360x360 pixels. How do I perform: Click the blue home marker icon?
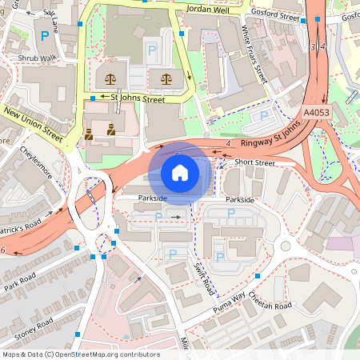180,173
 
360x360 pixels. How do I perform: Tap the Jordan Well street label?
206,10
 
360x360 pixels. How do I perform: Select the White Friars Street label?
254,53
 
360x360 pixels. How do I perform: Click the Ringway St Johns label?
271,134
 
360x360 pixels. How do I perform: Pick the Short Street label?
254,162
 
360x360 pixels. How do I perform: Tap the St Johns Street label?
138,100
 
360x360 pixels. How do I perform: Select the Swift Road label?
204,274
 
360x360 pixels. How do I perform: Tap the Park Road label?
21,283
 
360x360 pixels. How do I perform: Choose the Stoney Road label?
33,328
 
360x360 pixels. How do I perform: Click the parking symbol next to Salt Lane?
42,36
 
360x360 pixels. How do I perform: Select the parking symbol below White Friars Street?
265,116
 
